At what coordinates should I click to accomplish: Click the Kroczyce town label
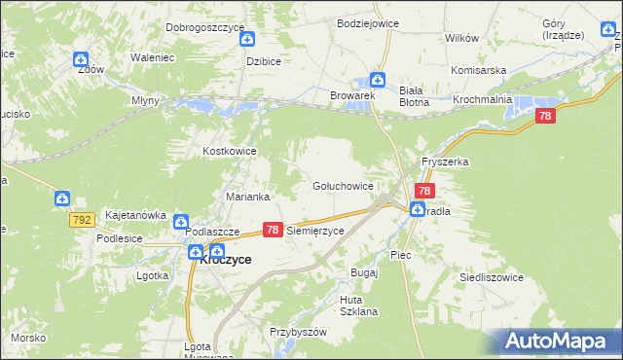226,260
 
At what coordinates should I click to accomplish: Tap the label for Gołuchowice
342,185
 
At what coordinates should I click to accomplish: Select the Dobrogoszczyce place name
204,27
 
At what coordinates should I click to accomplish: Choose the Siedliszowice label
492,277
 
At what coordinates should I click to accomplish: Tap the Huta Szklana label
358,305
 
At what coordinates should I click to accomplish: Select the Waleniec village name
152,57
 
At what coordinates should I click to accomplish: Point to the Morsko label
25,337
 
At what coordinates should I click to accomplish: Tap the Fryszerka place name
445,162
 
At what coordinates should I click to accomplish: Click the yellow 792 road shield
83,221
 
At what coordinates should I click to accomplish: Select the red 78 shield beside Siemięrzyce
273,231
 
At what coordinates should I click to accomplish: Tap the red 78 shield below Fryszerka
424,191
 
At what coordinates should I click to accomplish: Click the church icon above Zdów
82,59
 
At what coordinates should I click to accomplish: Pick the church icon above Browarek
379,81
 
